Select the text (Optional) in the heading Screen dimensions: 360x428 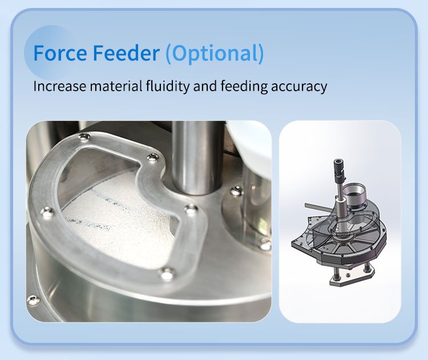[215, 53]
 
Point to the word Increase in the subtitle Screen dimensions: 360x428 [58, 87]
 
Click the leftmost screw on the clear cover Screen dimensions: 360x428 [47, 213]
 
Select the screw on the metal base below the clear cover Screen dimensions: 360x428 [34, 300]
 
